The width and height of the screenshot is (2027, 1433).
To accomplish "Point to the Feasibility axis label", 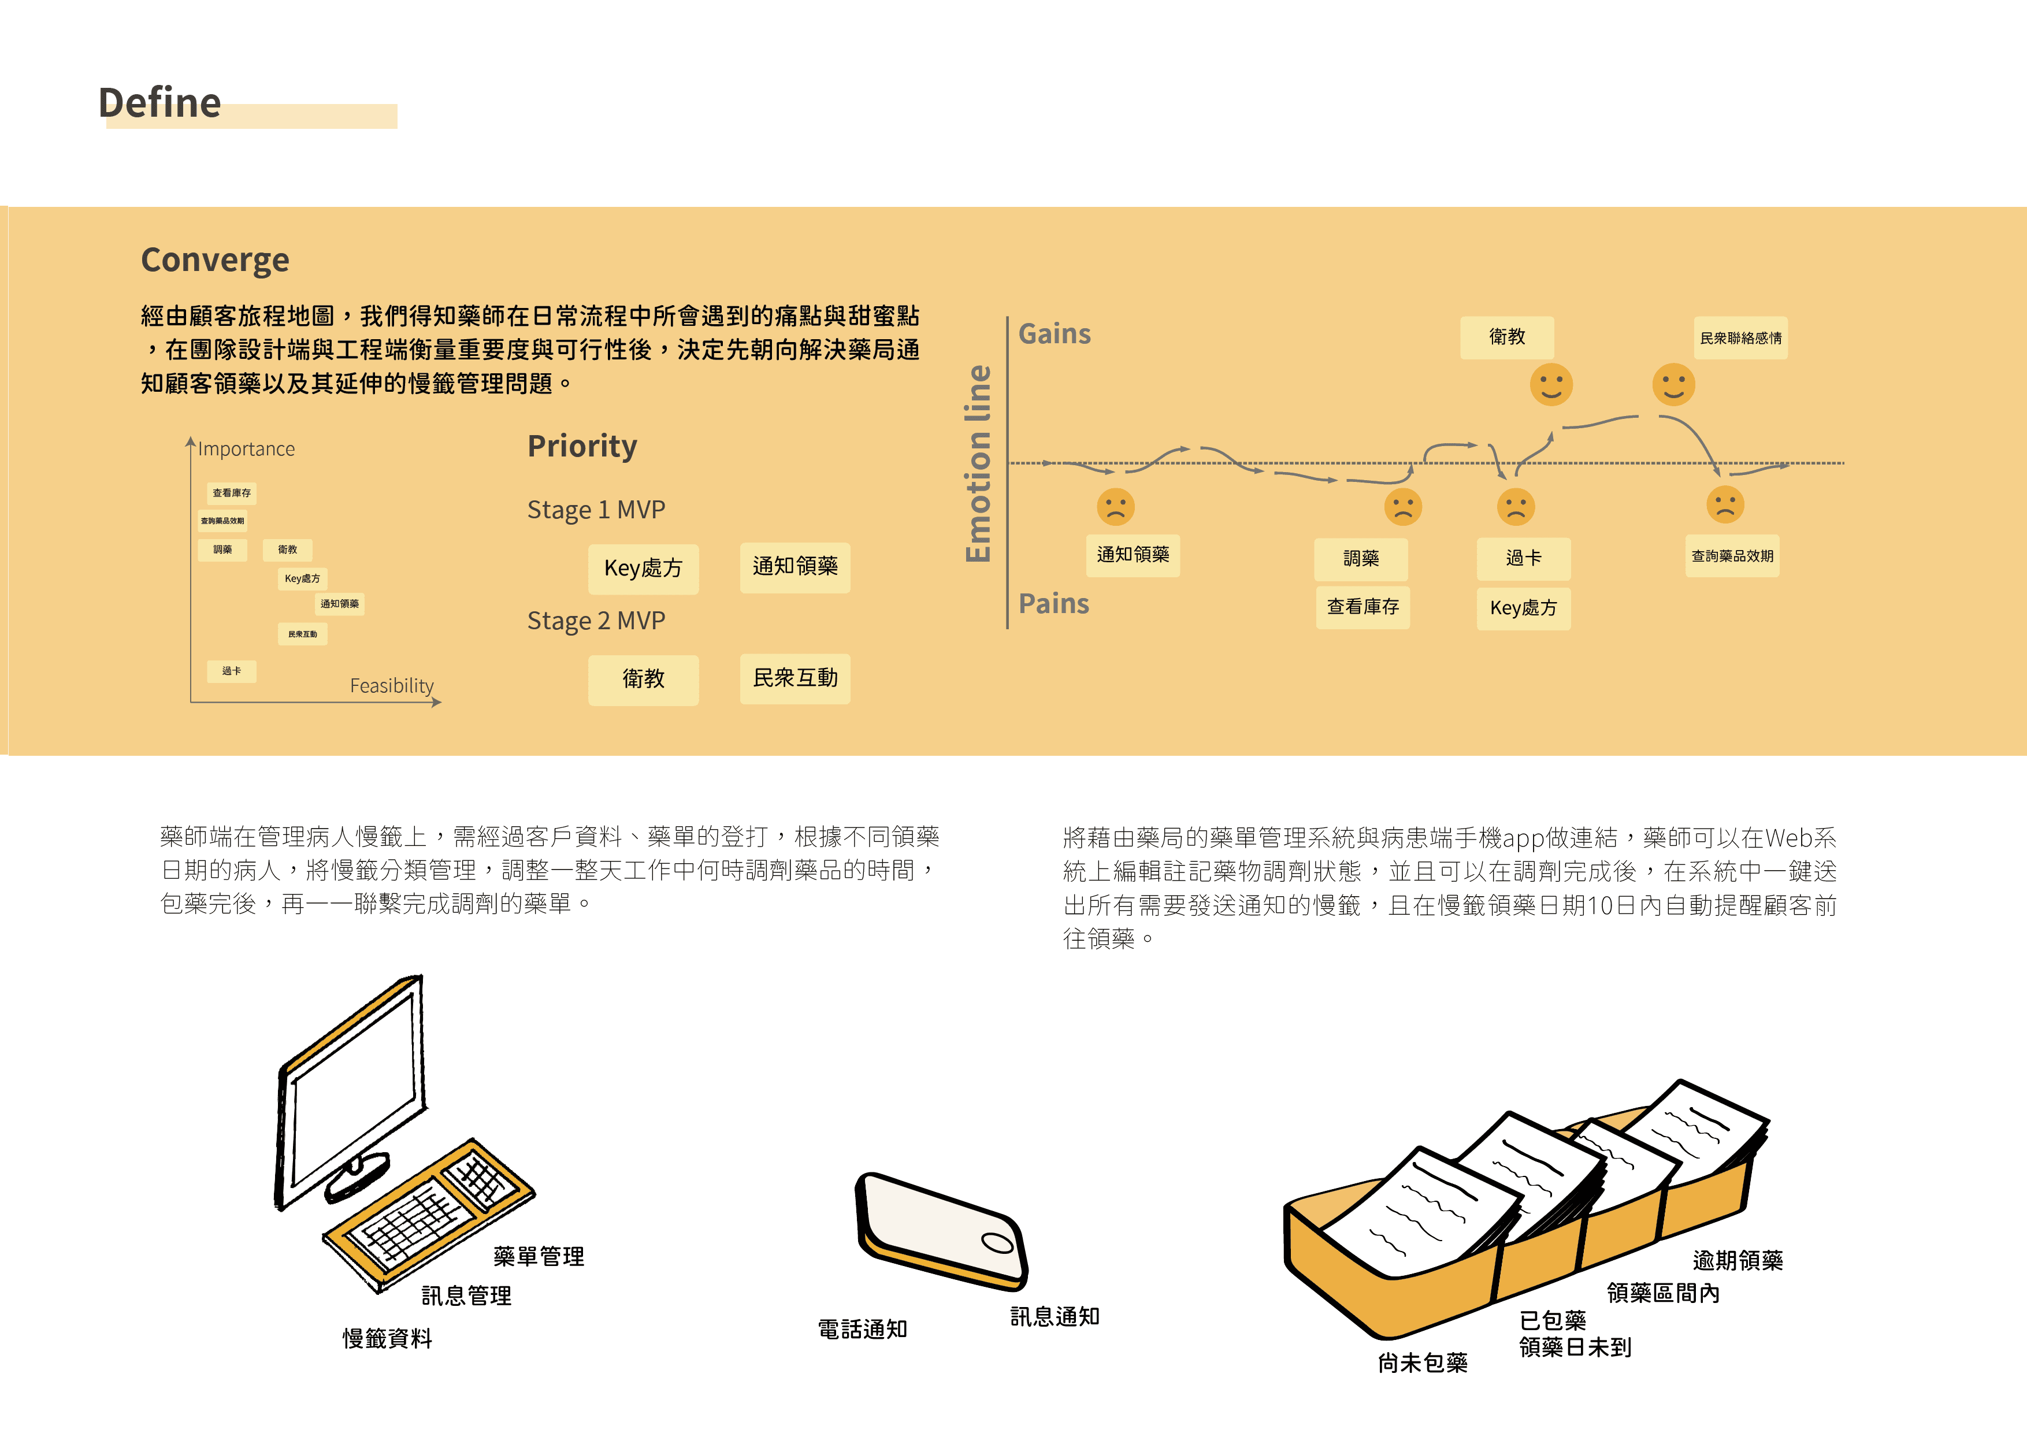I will coord(391,685).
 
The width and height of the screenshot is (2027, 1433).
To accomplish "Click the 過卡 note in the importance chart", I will coord(231,671).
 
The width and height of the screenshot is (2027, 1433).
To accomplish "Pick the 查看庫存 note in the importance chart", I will coord(231,493).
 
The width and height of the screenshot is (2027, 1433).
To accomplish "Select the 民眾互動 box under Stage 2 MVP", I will coord(795,678).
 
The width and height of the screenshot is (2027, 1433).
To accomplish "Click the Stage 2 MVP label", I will coord(596,621).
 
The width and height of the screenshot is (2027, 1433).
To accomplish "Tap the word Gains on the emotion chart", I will coord(1054,334).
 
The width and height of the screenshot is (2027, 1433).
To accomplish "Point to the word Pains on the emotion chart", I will coord(1053,604).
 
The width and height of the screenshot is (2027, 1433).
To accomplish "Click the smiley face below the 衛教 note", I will coord(1550,385).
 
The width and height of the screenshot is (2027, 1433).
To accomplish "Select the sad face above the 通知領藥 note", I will coord(1115,507).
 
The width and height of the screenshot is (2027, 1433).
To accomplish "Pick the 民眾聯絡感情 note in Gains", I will coord(1740,338).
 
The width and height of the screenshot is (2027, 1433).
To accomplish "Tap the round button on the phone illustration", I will coord(997,1243).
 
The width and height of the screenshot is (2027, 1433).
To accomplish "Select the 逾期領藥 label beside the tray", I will coord(1736,1260).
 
